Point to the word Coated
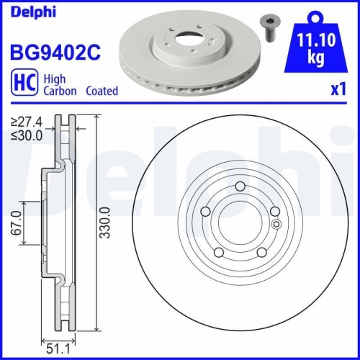(x=102, y=91)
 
